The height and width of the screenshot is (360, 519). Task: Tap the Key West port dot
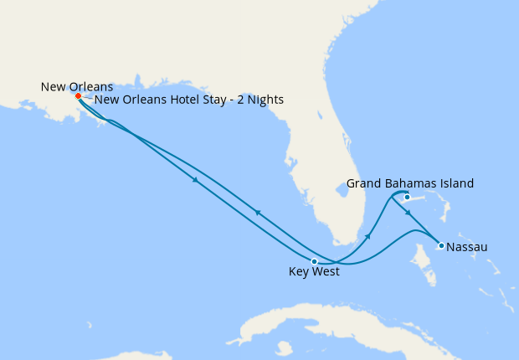[314, 261]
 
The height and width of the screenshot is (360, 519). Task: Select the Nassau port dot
[440, 245]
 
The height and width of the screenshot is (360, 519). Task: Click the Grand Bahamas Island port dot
[407, 198]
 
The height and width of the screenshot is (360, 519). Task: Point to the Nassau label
[467, 247]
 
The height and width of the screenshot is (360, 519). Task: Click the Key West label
[314, 272]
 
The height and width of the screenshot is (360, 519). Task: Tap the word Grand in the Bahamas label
[364, 183]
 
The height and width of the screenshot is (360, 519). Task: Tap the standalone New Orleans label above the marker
[77, 86]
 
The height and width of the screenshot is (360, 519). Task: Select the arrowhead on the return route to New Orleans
[258, 213]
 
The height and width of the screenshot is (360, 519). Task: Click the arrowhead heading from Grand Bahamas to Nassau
[408, 213]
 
